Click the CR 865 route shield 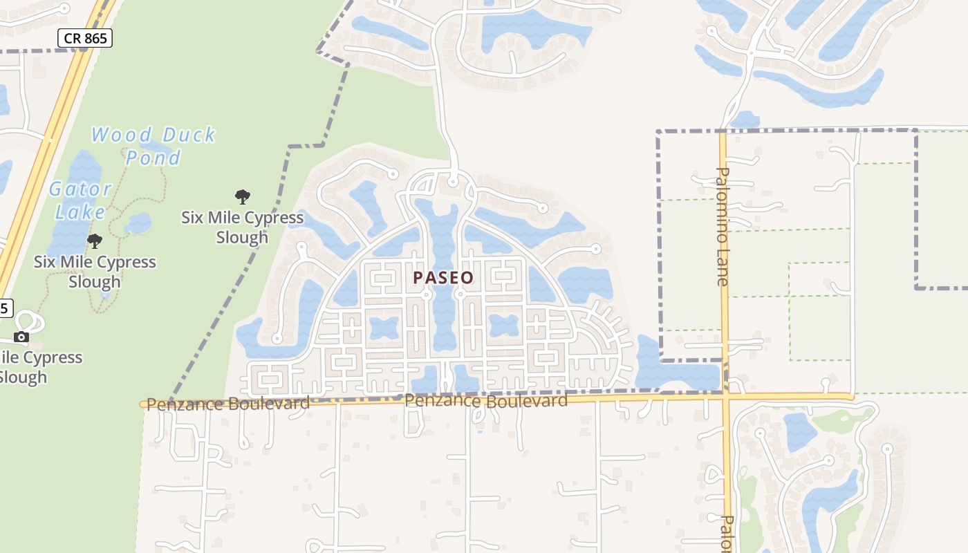85,38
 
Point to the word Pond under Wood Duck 153,158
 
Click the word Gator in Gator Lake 80,189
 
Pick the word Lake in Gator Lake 80,212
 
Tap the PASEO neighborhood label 443,278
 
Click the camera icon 21,337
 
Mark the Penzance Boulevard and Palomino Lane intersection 724,397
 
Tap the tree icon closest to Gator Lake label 95,241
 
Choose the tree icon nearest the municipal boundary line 242,197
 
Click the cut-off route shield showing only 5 5,308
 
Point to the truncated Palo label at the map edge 726,532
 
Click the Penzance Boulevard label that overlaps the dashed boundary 228,404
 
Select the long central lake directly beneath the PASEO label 443,318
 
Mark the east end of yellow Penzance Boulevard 850,396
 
